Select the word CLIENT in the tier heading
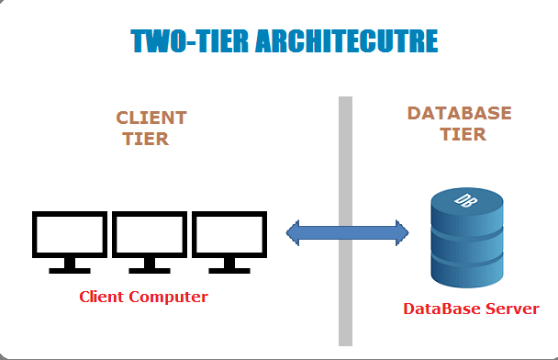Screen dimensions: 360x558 pyautogui.click(x=151, y=118)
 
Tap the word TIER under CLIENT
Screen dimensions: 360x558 pyautogui.click(x=146, y=139)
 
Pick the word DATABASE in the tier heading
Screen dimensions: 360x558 pyautogui.click(x=459, y=113)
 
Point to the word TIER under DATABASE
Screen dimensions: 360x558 pyautogui.click(x=462, y=134)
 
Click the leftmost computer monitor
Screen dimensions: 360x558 pyautogui.click(x=70, y=235)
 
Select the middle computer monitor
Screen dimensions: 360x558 pyautogui.click(x=149, y=235)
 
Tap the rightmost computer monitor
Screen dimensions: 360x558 pyautogui.click(x=229, y=235)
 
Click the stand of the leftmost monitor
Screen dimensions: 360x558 pyautogui.click(x=70, y=266)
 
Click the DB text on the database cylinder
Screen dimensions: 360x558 pyautogui.click(x=466, y=199)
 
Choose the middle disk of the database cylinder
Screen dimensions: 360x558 pyautogui.click(x=467, y=243)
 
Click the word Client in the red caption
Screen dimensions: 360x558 pyautogui.click(x=103, y=297)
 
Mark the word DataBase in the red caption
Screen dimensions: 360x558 pyautogui.click(x=441, y=309)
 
